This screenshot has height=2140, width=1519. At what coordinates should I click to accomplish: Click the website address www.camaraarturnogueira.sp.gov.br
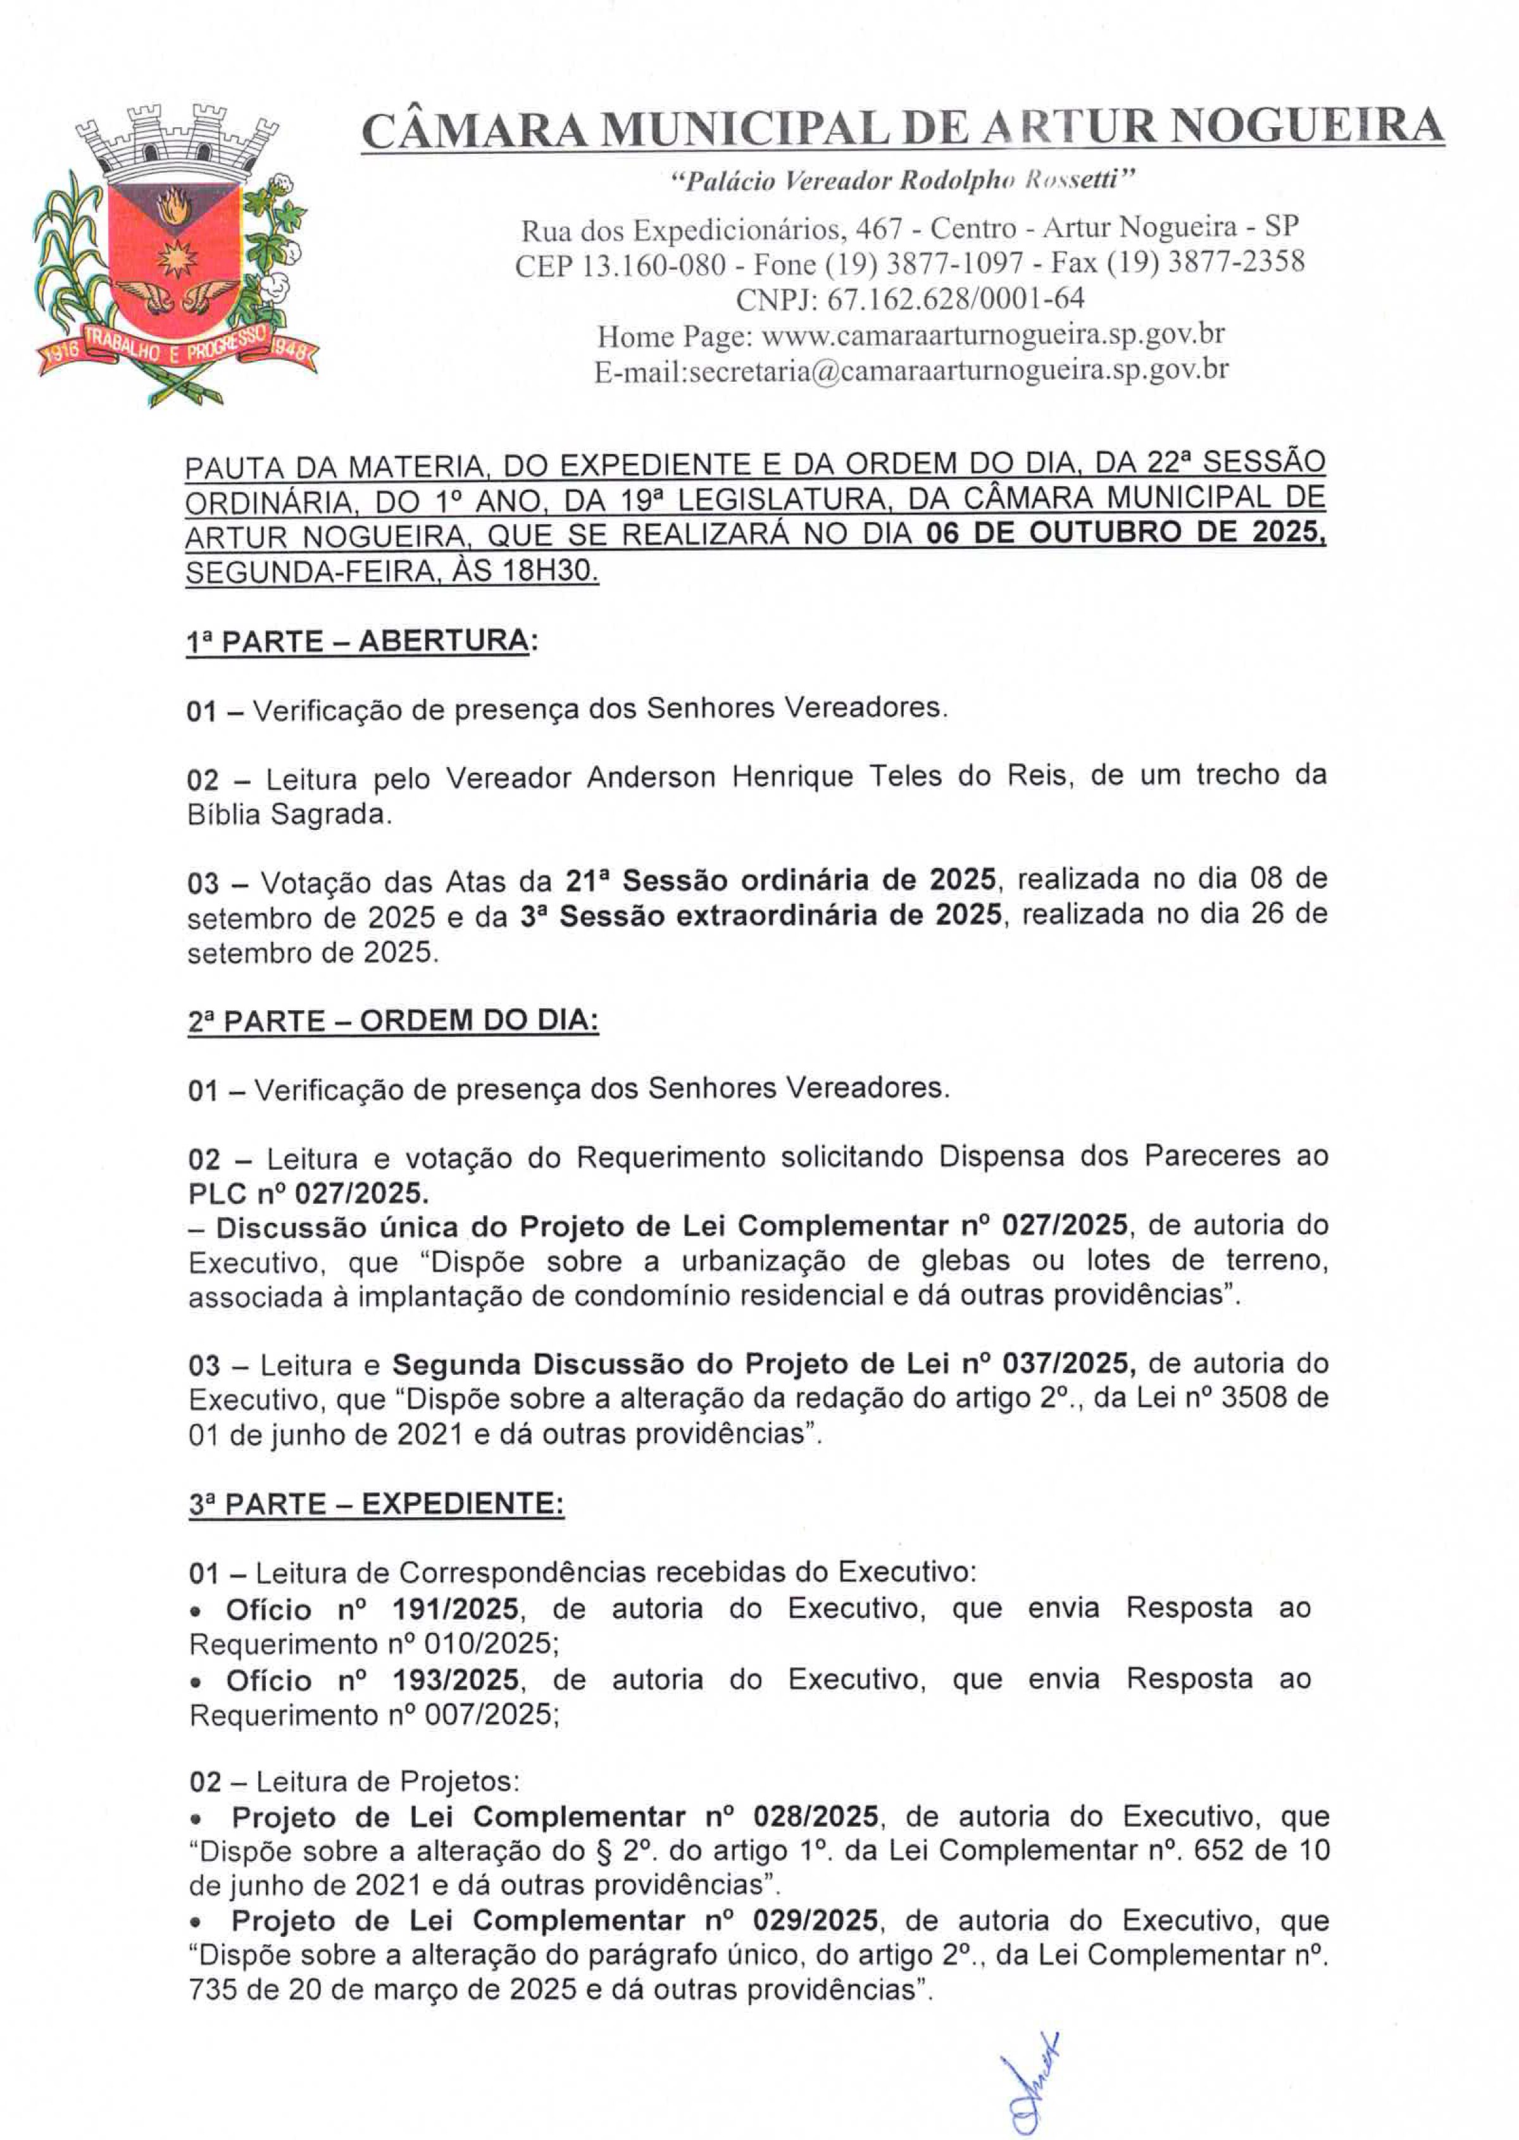tap(992, 334)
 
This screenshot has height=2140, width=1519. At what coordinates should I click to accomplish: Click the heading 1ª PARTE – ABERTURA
tap(358, 642)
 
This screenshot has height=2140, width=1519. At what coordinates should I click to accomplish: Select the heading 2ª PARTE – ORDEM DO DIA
tap(393, 1020)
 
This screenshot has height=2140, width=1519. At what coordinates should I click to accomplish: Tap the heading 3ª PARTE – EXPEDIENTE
tap(376, 1503)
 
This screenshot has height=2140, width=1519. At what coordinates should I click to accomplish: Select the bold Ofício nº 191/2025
tap(372, 1609)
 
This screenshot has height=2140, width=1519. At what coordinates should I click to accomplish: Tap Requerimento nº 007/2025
tap(373, 1715)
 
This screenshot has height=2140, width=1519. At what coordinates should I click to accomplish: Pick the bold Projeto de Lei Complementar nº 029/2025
tap(554, 1920)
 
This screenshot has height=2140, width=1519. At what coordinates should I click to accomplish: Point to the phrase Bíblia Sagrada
tap(288, 815)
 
